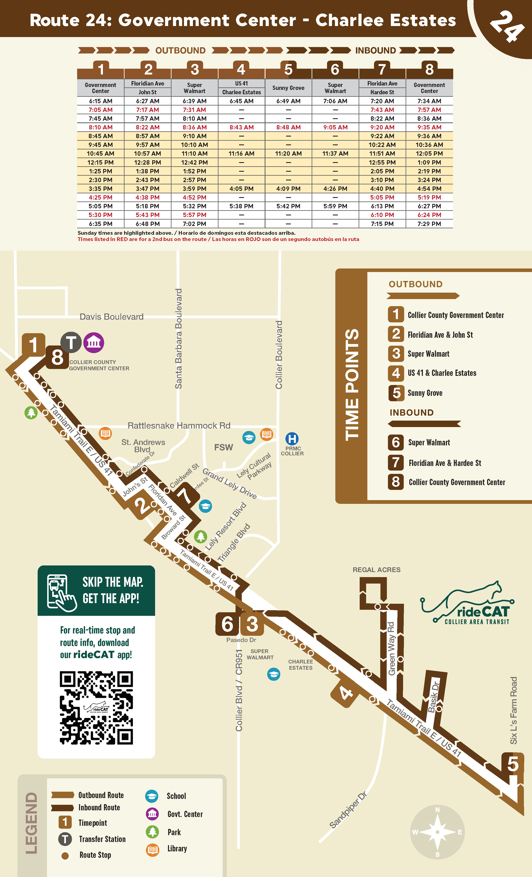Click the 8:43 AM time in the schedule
pos(241,127)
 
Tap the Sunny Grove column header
pos(288,88)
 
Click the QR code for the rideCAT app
pos(96,708)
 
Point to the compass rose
pos(437,832)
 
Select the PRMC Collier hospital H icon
pos(292,438)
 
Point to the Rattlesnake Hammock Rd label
pos(179,426)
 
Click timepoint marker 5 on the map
pos(512,764)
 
